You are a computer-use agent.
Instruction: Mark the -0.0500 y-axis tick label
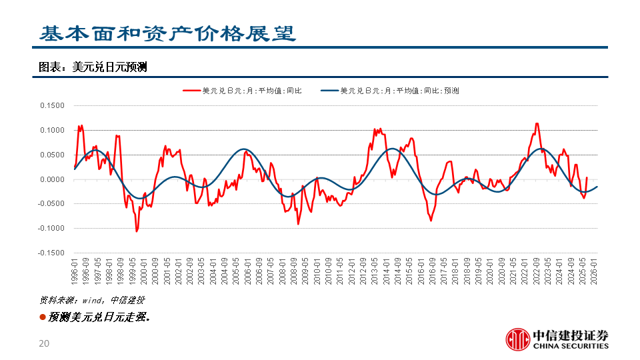click(x=51, y=204)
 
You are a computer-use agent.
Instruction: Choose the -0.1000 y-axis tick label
click(x=51, y=229)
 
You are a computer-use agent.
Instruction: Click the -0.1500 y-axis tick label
click(x=51, y=253)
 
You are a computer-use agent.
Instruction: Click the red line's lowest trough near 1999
click(x=137, y=231)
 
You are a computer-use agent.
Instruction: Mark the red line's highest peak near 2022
click(x=537, y=123)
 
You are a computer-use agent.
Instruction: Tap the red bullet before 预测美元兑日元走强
click(x=43, y=317)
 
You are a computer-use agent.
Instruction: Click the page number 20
click(x=45, y=344)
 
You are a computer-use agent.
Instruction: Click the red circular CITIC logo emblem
click(x=517, y=339)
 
